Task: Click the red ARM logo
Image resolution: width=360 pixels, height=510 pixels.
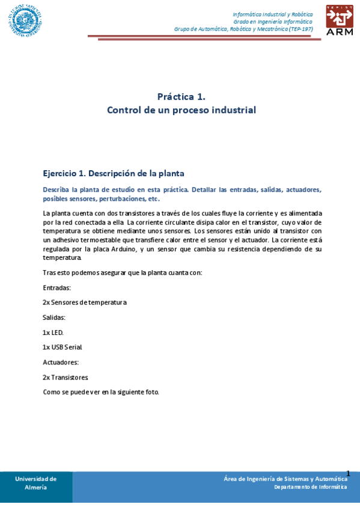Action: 340,20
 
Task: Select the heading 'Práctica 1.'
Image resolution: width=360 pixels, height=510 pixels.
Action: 181,96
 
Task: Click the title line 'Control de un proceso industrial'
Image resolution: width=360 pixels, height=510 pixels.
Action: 181,110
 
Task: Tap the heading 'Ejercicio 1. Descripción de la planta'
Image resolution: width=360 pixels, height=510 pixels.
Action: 113,173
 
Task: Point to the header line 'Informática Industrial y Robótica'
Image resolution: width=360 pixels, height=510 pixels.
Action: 272,14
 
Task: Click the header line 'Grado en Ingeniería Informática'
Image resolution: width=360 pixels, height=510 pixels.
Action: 273,22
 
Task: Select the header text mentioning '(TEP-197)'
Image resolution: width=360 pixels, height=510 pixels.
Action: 243,29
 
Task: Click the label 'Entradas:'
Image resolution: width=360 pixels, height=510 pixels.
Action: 56,287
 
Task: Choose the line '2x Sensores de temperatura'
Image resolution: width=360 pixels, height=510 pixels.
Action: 84,303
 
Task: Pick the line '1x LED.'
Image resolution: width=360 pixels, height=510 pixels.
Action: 53,333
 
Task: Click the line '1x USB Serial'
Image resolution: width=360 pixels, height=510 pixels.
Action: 62,347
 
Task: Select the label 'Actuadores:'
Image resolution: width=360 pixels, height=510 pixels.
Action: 61,362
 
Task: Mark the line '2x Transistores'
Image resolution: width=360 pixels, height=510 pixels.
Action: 65,377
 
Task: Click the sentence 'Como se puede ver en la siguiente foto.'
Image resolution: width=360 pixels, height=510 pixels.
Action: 101,392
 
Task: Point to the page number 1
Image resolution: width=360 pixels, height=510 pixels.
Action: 348,473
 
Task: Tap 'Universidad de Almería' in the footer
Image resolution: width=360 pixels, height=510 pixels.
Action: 36,483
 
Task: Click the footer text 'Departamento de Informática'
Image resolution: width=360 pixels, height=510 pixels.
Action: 310,487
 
